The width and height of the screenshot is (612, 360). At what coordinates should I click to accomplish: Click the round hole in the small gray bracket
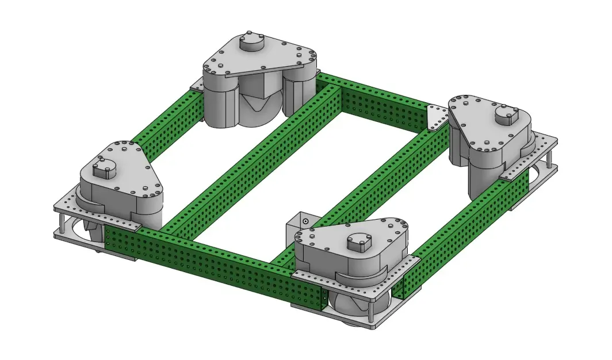[305, 221]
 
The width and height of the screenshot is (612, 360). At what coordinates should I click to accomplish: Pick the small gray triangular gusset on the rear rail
[437, 117]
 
